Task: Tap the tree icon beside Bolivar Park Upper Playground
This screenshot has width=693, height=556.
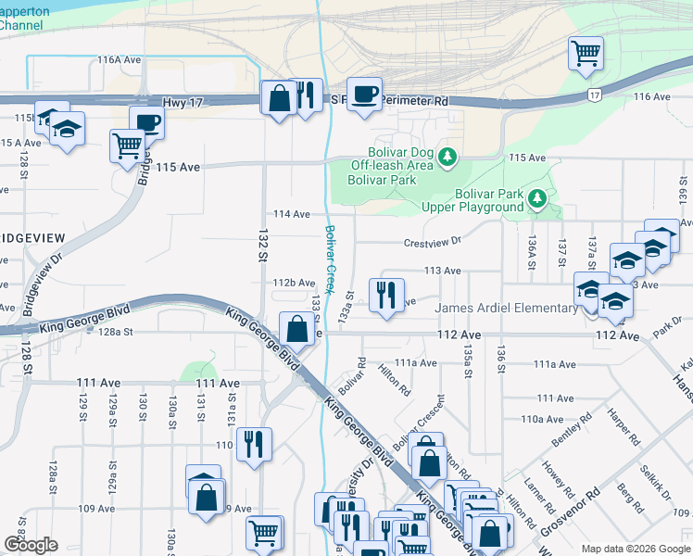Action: click(535, 198)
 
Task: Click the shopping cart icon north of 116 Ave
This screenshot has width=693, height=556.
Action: click(586, 53)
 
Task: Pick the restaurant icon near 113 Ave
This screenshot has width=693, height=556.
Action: click(386, 295)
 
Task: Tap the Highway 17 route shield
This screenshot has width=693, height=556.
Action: click(593, 95)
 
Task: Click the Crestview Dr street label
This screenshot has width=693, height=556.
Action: click(432, 243)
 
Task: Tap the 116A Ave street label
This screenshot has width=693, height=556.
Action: click(119, 59)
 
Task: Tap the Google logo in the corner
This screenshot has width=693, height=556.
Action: click(31, 544)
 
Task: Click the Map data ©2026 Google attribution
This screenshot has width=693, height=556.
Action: click(635, 549)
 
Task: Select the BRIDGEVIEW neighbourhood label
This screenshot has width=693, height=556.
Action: click(32, 238)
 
